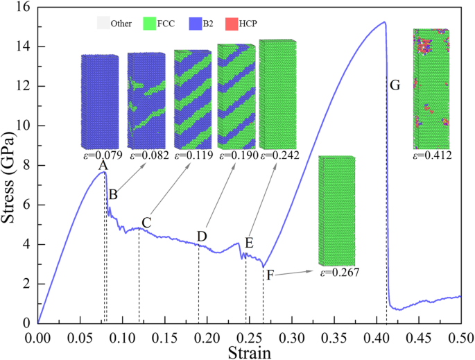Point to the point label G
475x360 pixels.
pyautogui.click(x=395, y=85)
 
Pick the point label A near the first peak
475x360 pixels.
pyautogui.click(x=103, y=166)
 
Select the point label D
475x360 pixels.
pyautogui.click(x=201, y=237)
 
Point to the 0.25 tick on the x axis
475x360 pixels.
pyautogui.click(x=250, y=336)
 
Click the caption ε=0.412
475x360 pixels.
pyautogui.click(x=432, y=156)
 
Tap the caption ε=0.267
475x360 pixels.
pyautogui.click(x=339, y=273)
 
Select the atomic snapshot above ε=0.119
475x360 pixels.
pyautogui.click(x=193, y=99)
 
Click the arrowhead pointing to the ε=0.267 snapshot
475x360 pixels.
pyautogui.click(x=313, y=272)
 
